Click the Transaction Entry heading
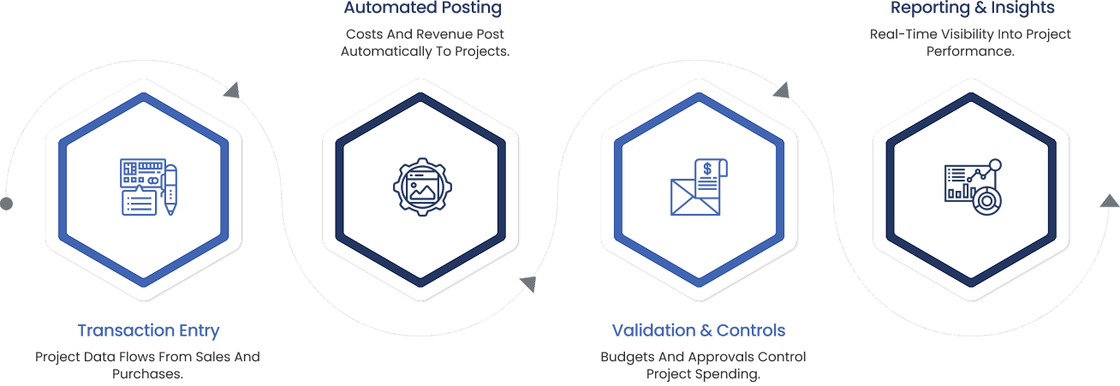148,330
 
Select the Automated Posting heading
423,9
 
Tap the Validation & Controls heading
698,330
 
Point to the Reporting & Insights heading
972,9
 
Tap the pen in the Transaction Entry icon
170,189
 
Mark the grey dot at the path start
7,204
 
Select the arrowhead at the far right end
1109,201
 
